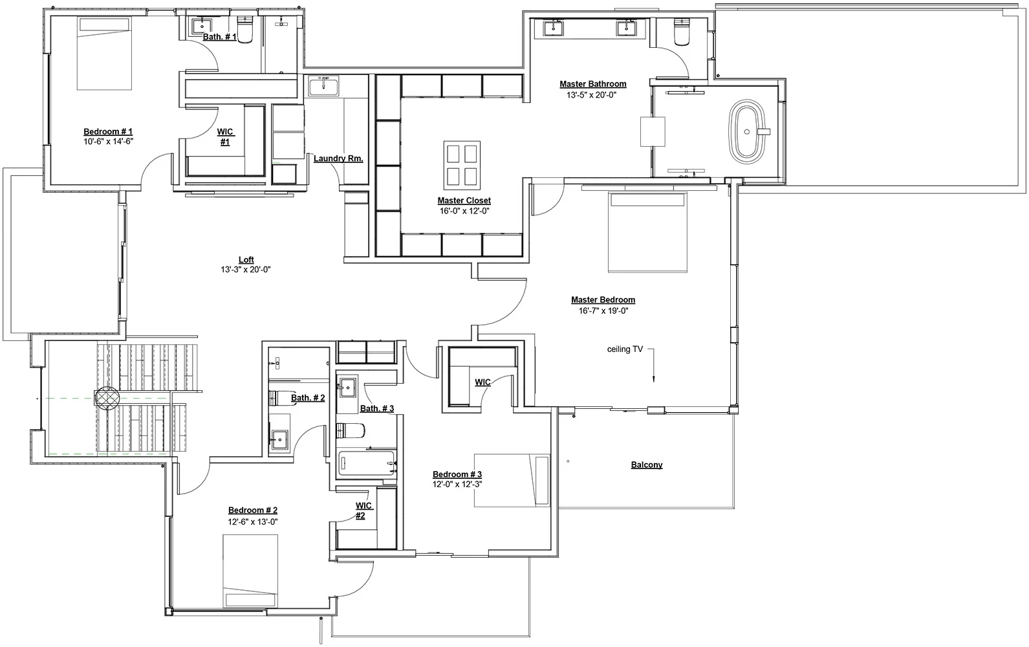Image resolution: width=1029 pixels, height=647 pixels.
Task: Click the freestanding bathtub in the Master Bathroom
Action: pos(747,131)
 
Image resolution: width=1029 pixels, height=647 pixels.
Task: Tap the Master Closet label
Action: pos(464,201)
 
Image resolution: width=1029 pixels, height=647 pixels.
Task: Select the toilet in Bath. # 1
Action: pos(245,29)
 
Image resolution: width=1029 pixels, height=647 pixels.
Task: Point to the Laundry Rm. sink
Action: pos(323,86)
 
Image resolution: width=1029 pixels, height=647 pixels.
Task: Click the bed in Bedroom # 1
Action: pos(104,53)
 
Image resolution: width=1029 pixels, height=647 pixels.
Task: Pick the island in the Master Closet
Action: pos(462,165)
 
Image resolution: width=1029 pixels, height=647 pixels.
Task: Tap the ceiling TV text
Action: pos(625,349)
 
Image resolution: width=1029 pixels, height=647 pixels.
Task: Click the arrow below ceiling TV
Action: pos(653,366)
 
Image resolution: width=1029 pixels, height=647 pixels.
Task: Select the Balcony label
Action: pos(647,465)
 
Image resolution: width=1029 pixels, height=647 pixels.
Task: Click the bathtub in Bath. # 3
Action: pos(367,464)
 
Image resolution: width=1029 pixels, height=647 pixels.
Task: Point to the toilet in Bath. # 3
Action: pos(351,430)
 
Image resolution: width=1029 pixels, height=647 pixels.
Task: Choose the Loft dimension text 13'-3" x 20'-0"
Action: pos(246,270)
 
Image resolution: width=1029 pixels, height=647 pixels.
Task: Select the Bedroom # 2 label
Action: pos(253,510)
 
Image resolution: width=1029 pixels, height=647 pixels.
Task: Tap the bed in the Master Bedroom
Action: pos(647,232)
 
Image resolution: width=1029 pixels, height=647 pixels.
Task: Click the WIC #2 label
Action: pos(363,510)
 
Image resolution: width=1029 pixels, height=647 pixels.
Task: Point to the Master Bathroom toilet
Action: pos(681,32)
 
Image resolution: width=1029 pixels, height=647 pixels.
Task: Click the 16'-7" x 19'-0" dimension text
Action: pos(603,311)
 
